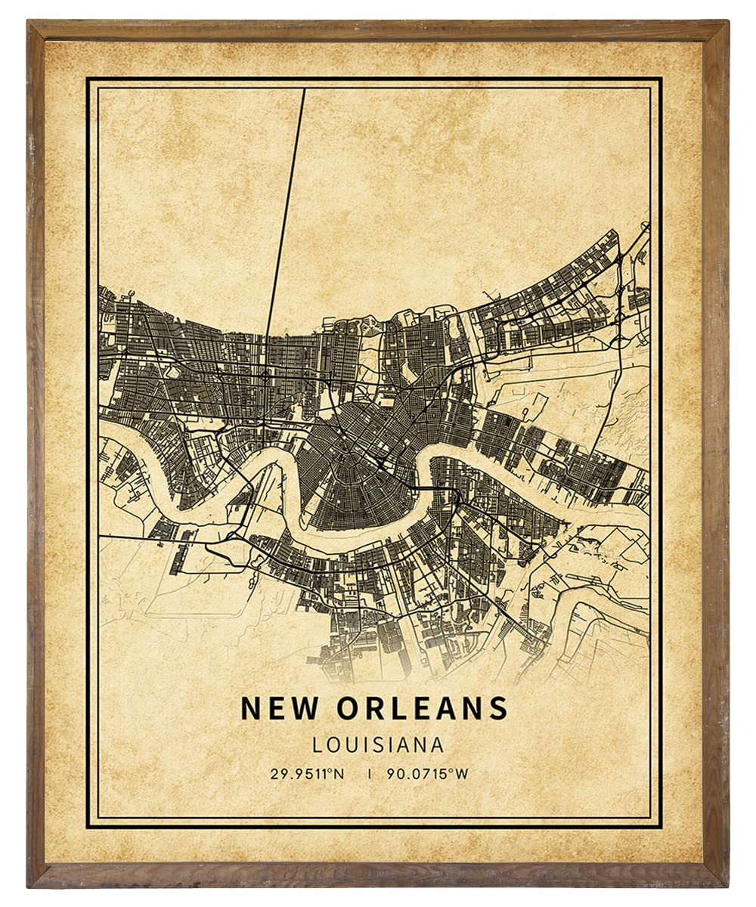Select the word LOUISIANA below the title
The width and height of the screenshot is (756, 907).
click(x=378, y=744)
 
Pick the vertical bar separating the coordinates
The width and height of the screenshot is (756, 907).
click(x=368, y=773)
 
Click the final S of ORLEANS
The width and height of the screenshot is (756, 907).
click(x=498, y=708)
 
